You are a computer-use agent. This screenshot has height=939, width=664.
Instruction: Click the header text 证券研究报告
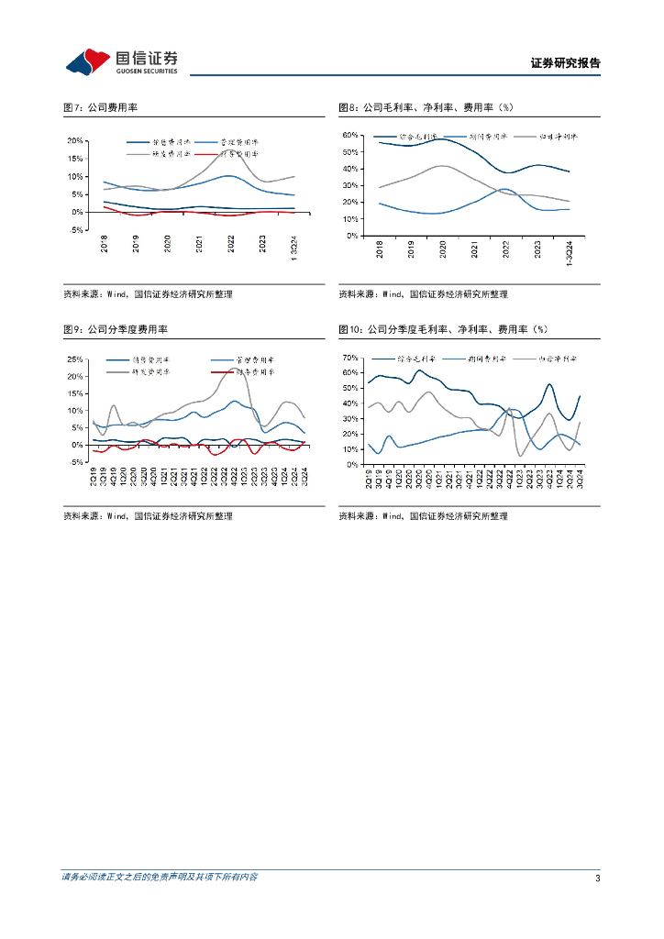tap(565, 63)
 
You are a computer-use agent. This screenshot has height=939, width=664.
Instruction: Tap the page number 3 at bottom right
tap(597, 878)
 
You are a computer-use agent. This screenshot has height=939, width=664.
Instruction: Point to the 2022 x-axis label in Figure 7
tap(231, 244)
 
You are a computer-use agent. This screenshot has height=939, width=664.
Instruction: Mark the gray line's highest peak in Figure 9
tap(233, 370)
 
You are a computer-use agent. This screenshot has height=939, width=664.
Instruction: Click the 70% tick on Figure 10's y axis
tap(349, 357)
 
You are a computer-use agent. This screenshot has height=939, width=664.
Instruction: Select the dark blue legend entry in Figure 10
tap(405, 359)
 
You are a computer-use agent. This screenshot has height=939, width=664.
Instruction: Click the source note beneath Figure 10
tap(423, 516)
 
